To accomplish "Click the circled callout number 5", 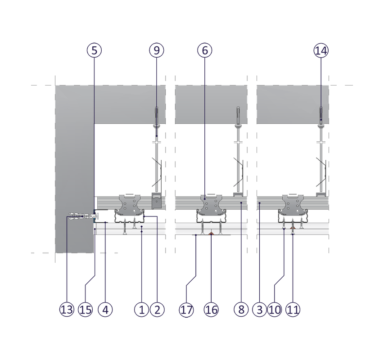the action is pos(94,50).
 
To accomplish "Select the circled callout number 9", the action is pos(157,50).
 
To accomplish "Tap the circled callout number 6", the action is pos(205,50).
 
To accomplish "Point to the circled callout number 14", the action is pos(321,51).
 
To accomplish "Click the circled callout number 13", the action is pos(67,310).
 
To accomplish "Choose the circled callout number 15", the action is pos(86,310).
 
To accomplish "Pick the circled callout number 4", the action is pos(105,310).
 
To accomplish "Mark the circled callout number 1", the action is pos(141,310).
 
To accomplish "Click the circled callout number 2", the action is pos(157,310).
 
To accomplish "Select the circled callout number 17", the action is pos(186,310).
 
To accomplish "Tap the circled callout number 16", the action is pos(211,310).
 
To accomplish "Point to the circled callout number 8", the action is pos(241,310).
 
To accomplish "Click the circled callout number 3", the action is pos(260,310).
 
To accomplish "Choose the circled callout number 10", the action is pos(275,310).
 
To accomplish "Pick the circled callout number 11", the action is pos(293,310).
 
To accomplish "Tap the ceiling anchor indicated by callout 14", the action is pos(321,115).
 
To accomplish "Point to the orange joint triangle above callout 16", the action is pos(211,234).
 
